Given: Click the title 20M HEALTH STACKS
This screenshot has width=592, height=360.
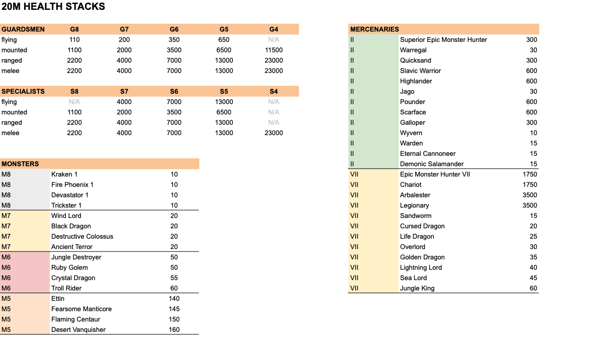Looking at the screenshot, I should [53, 7].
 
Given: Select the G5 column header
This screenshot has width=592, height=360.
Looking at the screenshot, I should [224, 29].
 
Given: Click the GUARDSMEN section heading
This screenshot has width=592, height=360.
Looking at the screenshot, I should [23, 29].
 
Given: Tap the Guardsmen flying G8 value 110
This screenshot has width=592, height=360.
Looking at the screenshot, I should [74, 39].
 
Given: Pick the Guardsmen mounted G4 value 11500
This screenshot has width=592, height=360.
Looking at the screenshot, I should [274, 50].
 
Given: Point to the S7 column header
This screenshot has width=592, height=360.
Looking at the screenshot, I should [124, 91].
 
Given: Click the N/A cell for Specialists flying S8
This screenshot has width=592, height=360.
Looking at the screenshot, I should [74, 102].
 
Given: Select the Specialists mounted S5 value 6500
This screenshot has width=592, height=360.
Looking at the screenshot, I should [224, 112].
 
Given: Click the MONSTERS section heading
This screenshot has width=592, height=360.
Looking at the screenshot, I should [20, 164].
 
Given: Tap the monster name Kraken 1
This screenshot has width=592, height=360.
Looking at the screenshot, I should [64, 174].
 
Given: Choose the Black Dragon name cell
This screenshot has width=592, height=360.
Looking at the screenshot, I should [71, 226].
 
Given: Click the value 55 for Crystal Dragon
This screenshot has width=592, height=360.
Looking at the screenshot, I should [174, 278].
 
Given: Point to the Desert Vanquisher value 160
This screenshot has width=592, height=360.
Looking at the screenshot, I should [174, 329].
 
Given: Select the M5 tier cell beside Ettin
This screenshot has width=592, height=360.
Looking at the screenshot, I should [6, 298].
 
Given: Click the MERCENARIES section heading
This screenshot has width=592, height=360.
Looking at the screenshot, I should [374, 29].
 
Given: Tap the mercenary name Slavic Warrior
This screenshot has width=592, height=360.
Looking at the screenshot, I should [420, 71].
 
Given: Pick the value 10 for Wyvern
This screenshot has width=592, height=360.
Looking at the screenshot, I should [533, 133].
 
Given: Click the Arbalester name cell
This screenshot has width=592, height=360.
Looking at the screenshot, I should [415, 195].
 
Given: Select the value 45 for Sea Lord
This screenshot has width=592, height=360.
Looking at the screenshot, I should [533, 278].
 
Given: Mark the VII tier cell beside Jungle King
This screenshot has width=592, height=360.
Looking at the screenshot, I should [354, 288].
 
